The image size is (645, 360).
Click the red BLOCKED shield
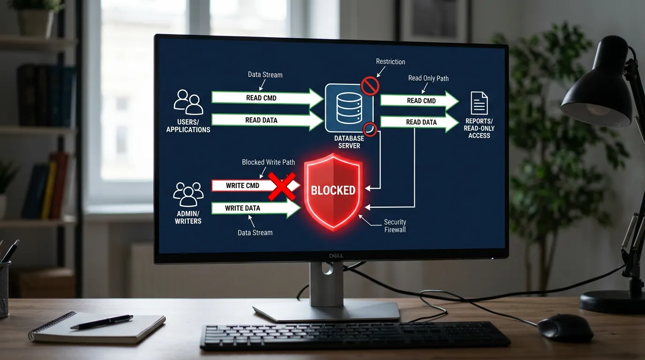333,192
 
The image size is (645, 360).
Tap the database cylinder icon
349,108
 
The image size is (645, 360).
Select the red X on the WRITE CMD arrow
282,187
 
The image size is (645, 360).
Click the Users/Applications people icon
188,102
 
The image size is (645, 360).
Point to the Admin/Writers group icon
188,194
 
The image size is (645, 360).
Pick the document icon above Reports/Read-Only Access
479,103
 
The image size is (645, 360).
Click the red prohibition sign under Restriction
370,86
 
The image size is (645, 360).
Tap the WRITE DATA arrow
256,208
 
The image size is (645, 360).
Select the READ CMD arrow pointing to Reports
420,101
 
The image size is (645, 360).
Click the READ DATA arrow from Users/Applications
268,120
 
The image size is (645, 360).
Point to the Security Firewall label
395,226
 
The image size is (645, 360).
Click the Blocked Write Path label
269,162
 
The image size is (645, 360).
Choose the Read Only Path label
428,78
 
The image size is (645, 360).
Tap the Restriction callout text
390,61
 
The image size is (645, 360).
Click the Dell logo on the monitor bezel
336,256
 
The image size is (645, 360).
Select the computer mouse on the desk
565,328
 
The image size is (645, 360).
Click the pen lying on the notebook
102,322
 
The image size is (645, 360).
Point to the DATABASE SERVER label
349,142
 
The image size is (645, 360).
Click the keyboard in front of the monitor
355,336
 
